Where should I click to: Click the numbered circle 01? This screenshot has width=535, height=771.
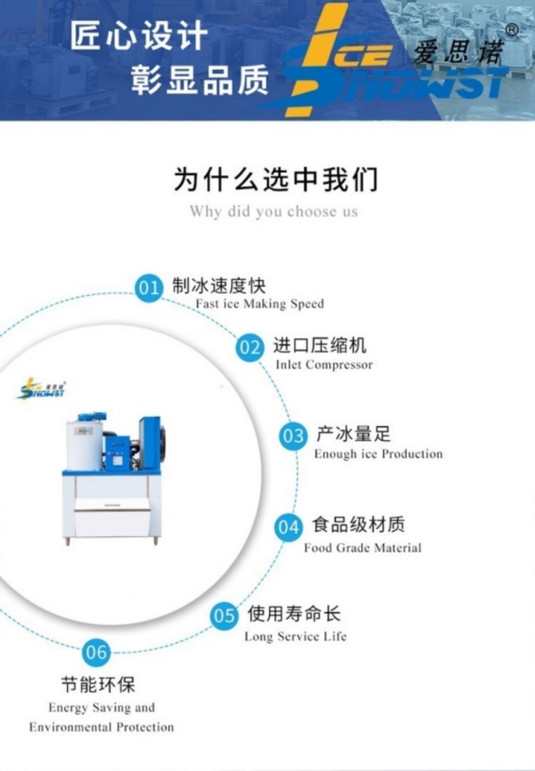148,289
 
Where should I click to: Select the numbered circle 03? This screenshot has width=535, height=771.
293,436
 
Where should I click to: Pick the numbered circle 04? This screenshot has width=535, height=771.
288,528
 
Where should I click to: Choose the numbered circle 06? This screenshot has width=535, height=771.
96,651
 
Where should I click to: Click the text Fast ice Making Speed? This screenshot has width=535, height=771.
259,304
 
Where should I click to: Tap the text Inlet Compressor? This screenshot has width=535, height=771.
324,365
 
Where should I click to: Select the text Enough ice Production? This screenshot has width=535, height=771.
379,454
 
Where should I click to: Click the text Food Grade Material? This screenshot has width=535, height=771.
362,548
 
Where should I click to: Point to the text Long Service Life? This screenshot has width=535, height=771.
295,636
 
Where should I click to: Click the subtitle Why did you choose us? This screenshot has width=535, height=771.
274,212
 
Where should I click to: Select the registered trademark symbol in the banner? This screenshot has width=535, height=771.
512,29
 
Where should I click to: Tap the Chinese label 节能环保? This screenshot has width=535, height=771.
98,685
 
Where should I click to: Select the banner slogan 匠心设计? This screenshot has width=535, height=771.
139,37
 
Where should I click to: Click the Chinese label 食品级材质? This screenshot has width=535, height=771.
358,524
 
